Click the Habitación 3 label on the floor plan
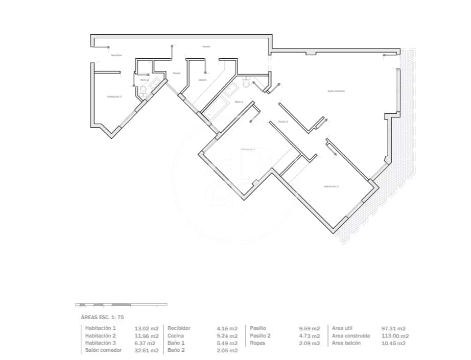(114, 96)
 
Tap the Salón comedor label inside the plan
(336, 91)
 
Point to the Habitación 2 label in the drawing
(331, 186)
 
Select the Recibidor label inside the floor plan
(116, 55)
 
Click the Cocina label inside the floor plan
(203, 80)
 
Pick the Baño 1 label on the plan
(239, 102)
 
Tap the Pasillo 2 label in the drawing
(283, 122)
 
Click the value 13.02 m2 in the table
(147, 328)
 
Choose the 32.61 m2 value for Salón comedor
(147, 350)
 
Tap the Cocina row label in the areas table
(175, 335)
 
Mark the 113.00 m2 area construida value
(396, 336)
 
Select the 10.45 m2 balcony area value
(393, 343)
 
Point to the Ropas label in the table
(257, 343)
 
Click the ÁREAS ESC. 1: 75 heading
(103, 317)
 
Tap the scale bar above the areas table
(121, 305)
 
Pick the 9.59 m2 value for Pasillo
(310, 328)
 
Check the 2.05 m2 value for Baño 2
(227, 350)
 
